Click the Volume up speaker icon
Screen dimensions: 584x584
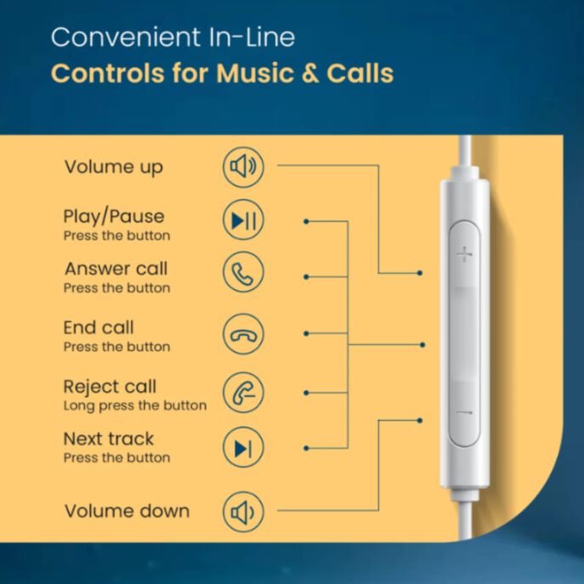[x=243, y=167]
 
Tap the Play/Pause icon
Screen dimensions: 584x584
[x=243, y=220]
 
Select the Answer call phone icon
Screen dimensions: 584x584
[x=243, y=272]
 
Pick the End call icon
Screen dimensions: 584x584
[x=243, y=334]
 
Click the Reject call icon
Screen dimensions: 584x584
[x=243, y=393]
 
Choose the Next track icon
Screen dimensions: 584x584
[x=243, y=447]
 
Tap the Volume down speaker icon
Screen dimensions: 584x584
[x=243, y=512]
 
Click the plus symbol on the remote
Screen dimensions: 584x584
[x=464, y=254]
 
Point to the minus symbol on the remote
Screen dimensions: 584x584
[x=464, y=412]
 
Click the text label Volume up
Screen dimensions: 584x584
[x=114, y=167]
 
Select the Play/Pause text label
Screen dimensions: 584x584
[x=114, y=217]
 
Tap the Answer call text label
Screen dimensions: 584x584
[x=116, y=269]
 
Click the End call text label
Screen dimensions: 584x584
[x=99, y=328]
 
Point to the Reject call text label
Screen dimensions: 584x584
[x=110, y=387]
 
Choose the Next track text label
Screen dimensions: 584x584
[x=108, y=439]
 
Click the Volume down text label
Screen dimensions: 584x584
[x=127, y=511]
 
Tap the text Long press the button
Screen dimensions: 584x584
[x=135, y=405]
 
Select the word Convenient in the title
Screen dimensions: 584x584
[x=126, y=37]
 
